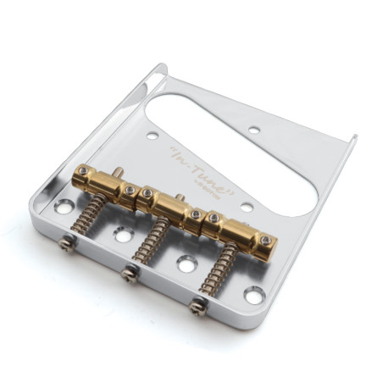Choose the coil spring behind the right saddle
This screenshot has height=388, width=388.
pos(224,272)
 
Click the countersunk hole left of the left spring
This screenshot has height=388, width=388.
pos(64,206)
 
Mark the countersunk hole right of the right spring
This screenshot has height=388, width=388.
pos(254,295)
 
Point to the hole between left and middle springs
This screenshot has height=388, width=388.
pos(124,235)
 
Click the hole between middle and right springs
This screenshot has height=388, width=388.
pos(186,265)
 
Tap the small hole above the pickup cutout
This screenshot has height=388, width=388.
pos(253,130)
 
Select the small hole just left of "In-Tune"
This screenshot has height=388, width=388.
pos(152,135)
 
